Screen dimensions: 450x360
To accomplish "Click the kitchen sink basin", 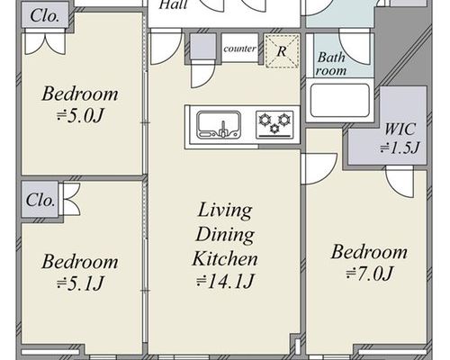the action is [219, 125].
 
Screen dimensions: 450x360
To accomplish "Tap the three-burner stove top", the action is [274, 124].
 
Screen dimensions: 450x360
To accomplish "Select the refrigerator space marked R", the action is [282, 51].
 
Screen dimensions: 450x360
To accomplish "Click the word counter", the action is [239, 49].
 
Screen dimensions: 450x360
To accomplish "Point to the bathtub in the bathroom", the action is [340, 100].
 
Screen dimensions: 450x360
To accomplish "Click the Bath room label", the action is [331, 64].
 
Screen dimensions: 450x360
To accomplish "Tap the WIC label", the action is [400, 130].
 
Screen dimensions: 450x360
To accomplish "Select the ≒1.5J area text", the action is [400, 148].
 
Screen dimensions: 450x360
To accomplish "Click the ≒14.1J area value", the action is [225, 282].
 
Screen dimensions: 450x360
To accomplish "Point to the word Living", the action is [225, 210].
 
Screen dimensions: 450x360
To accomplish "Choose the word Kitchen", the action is [225, 258].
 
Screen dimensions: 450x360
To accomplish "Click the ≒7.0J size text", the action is [369, 274].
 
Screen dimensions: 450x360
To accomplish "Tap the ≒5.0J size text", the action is [80, 116].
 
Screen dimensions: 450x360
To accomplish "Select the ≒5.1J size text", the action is [80, 283].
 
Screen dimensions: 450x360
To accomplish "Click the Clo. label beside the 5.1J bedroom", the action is [40, 200].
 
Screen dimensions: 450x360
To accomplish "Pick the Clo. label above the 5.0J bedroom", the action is [45, 15].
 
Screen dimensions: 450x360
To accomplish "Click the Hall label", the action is [173, 4].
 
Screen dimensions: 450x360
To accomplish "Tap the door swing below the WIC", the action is [400, 183].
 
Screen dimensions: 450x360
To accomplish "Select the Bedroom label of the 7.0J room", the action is [369, 252].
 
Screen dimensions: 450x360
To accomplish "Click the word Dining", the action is [225, 235].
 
